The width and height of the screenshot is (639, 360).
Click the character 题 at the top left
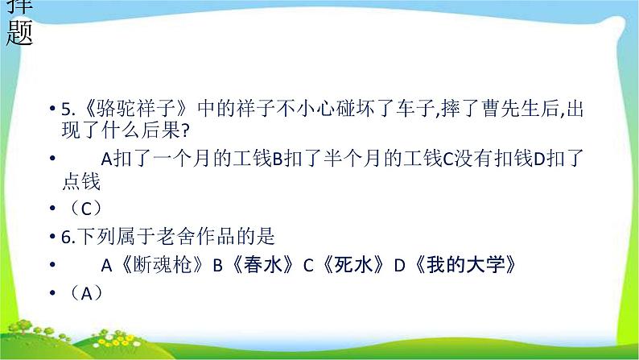coord(19,33)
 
